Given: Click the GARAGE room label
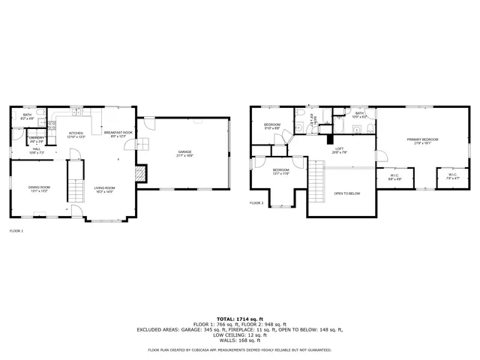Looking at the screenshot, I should [x=185, y=154].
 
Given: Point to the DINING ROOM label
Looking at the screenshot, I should [x=39, y=188].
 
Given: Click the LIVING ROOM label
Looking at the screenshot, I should [x=104, y=189].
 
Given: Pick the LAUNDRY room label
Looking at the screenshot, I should [x=37, y=139].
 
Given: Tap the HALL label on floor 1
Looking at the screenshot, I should [x=37, y=151].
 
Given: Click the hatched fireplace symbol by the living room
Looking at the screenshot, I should [x=139, y=173].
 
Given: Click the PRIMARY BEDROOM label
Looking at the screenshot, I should [x=422, y=141].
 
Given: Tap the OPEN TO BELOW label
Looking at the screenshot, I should [x=347, y=193].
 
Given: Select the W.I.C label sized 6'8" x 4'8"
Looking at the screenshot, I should [x=394, y=178].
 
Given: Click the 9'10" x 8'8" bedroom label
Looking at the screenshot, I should [x=271, y=126].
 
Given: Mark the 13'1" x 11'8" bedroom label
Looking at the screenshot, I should [x=280, y=172].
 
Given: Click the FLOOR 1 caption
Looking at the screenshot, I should [x=16, y=231].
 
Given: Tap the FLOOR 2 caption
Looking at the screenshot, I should [x=256, y=202].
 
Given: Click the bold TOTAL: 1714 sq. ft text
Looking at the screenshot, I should [x=239, y=319].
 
